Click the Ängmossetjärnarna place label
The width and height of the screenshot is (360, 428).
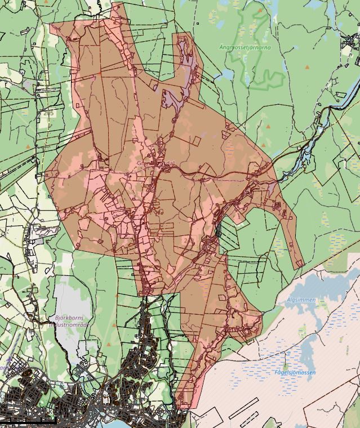point(245,48)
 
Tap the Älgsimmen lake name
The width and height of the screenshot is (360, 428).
point(301,300)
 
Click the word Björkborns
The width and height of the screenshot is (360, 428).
point(69,318)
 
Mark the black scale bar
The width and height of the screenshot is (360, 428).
point(28,421)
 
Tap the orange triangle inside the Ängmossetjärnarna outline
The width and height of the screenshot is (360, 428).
point(260,10)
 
